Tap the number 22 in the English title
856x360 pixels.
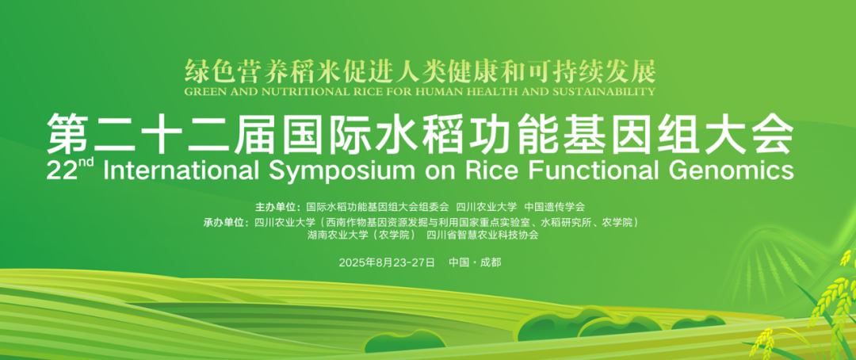[x=59, y=171]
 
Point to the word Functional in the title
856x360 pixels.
[x=592, y=170]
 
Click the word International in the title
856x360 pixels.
[x=180, y=170]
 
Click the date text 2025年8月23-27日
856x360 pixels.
[x=387, y=262]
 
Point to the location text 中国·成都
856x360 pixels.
[x=475, y=262]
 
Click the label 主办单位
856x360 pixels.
[x=276, y=207]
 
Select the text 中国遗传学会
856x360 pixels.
[x=555, y=207]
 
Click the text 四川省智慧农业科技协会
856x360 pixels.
[x=483, y=236]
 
